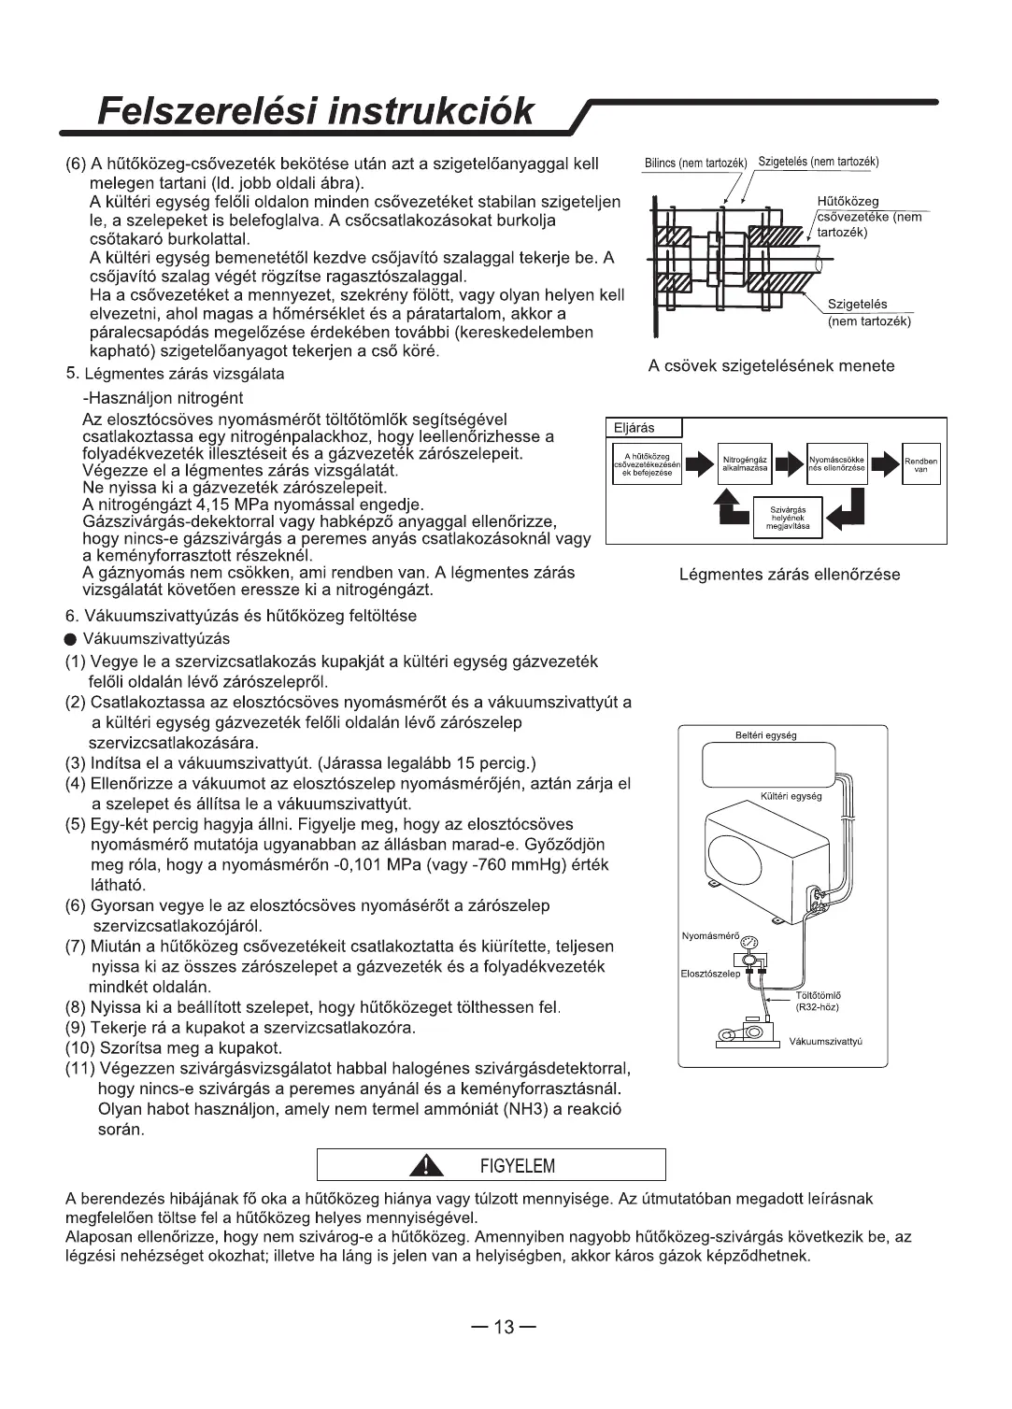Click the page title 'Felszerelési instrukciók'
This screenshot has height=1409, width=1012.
(317, 111)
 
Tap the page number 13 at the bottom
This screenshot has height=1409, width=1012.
(505, 1328)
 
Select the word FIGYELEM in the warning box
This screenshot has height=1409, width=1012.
(517, 1166)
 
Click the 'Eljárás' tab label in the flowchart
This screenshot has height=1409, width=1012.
(634, 428)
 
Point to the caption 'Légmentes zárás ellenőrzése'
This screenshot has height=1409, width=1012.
(790, 575)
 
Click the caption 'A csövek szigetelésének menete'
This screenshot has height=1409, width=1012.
(771, 365)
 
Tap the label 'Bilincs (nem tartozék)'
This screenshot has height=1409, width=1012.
(696, 163)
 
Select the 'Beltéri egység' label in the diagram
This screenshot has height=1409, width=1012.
(766, 735)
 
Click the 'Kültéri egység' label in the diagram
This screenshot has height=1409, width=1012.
(791, 796)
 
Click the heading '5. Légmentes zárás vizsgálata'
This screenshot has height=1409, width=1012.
(175, 374)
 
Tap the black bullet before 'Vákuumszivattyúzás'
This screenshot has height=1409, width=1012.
(70, 640)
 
